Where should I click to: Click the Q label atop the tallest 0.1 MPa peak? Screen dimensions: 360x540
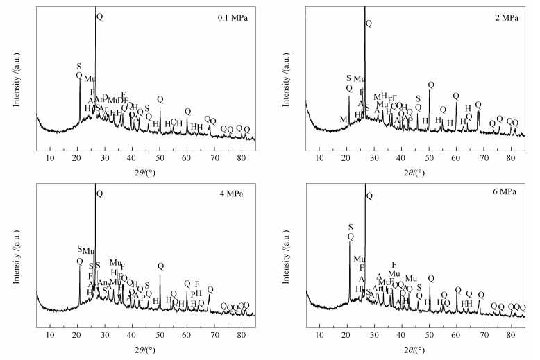tap(99, 16)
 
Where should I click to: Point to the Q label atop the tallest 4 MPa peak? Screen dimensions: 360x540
tap(99, 194)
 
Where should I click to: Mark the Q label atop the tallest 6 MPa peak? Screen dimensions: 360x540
tap(369, 196)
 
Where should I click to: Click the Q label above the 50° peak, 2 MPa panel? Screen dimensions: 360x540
tap(431, 85)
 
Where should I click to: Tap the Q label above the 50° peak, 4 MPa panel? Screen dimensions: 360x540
tap(160, 266)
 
